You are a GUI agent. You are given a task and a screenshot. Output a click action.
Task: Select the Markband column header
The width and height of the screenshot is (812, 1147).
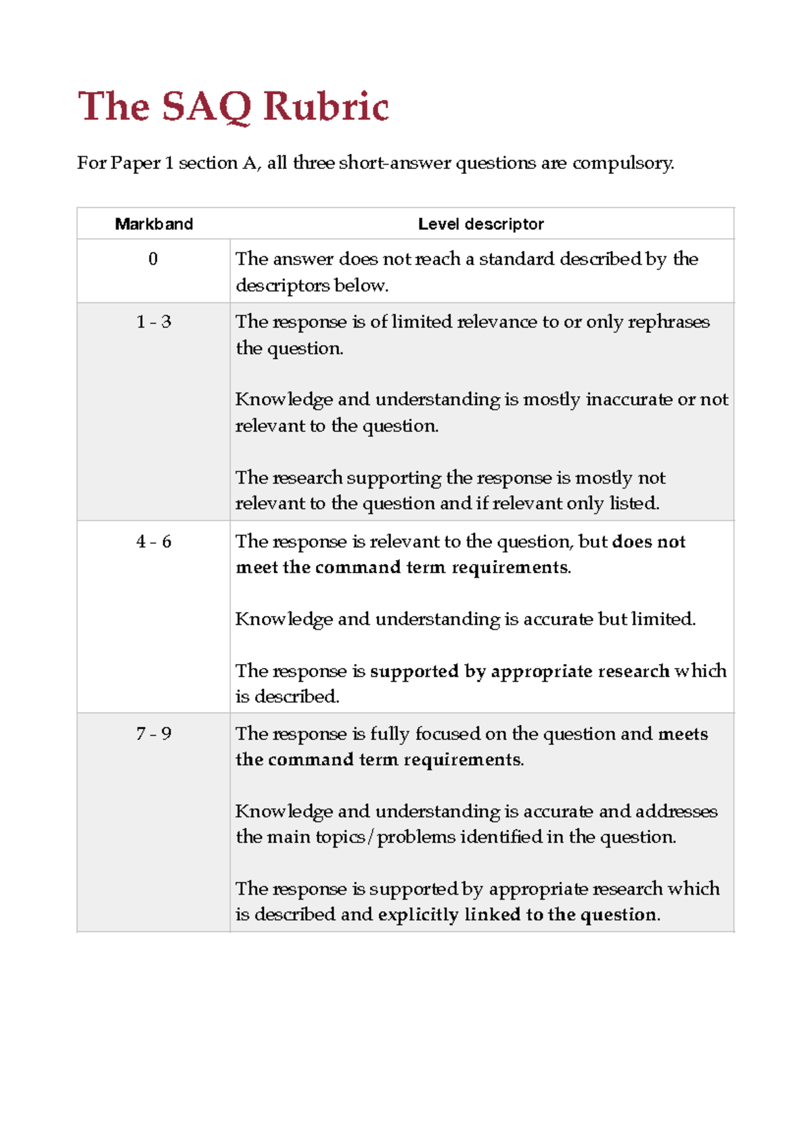[x=154, y=224]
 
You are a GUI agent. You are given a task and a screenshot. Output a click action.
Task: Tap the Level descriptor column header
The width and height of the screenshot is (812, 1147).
[x=480, y=224]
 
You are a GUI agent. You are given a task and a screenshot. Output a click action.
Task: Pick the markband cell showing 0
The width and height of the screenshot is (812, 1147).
[x=153, y=259]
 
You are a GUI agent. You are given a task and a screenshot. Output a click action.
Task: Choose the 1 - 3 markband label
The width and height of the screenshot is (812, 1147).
[x=154, y=322]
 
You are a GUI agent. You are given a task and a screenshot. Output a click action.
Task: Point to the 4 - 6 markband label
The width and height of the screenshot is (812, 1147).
[x=154, y=542]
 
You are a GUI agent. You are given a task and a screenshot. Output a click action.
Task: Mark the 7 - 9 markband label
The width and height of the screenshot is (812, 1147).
[x=154, y=734]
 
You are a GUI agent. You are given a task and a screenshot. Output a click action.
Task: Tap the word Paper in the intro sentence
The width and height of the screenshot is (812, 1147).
[x=135, y=164]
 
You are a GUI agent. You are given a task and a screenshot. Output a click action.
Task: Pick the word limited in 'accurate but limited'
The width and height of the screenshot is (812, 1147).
[x=662, y=619]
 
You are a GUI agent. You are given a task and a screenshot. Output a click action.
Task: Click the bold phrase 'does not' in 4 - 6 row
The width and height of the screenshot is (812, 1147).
[x=648, y=542]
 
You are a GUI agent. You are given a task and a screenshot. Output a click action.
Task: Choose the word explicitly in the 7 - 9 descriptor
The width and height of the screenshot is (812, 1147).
[x=418, y=915]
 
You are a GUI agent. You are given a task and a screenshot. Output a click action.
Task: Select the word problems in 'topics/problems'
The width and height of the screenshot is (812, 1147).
[x=416, y=838]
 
